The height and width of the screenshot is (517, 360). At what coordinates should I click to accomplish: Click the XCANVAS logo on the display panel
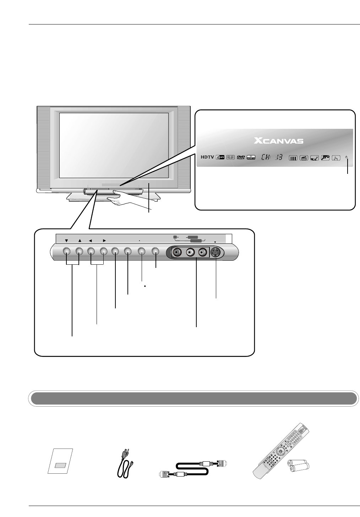point(279,141)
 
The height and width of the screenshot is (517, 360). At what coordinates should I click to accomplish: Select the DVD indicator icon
point(241,158)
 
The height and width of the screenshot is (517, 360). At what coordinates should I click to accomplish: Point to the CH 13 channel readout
point(272,158)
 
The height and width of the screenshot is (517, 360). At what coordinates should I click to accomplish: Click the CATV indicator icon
point(220,158)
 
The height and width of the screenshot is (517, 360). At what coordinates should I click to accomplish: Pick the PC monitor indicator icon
point(251,158)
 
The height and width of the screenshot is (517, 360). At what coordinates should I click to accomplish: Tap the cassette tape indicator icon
point(231,158)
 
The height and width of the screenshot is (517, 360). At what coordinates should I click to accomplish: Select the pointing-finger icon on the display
point(336,158)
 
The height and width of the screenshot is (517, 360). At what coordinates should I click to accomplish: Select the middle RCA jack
point(190,252)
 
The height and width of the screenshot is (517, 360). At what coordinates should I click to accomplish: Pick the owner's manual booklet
point(60,461)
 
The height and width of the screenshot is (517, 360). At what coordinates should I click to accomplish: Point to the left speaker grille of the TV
point(43,147)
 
